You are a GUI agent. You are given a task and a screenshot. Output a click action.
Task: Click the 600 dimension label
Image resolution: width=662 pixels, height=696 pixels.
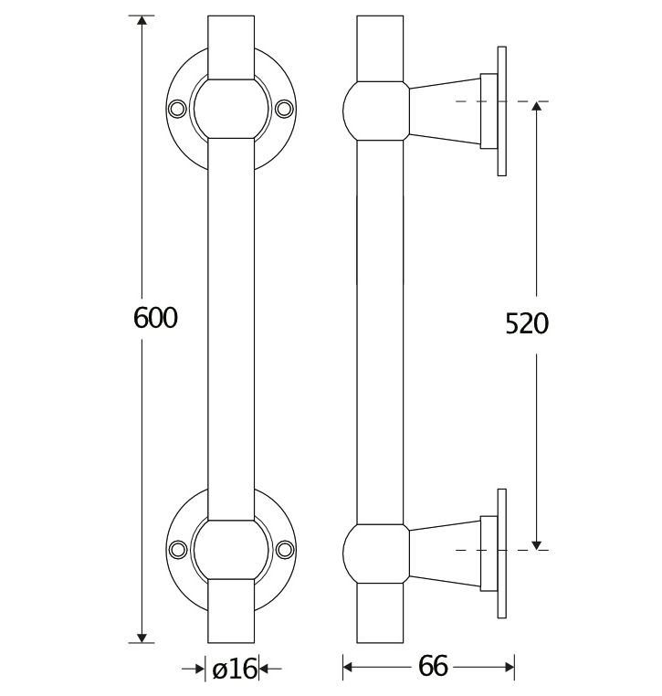(154, 318)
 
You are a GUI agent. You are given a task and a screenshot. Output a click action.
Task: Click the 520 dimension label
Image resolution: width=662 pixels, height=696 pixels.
(527, 323)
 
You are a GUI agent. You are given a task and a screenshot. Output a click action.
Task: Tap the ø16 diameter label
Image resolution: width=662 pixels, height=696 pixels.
(234, 670)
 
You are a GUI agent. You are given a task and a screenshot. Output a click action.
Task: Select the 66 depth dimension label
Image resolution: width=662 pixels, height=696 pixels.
(433, 668)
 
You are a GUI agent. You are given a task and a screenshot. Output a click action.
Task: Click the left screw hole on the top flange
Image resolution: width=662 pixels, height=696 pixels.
(177, 109)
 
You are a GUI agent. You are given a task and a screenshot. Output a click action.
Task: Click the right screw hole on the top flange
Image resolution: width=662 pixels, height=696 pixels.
(287, 109)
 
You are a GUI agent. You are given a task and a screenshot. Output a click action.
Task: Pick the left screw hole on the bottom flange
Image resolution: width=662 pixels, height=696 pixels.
(177, 549)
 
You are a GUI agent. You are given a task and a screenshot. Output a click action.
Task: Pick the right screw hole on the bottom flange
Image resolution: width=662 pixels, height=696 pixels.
(287, 549)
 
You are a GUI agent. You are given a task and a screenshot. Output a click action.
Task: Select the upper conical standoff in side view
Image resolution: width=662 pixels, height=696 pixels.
(445, 108)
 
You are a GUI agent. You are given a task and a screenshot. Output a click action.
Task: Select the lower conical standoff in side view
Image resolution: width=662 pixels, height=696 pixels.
(445, 550)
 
